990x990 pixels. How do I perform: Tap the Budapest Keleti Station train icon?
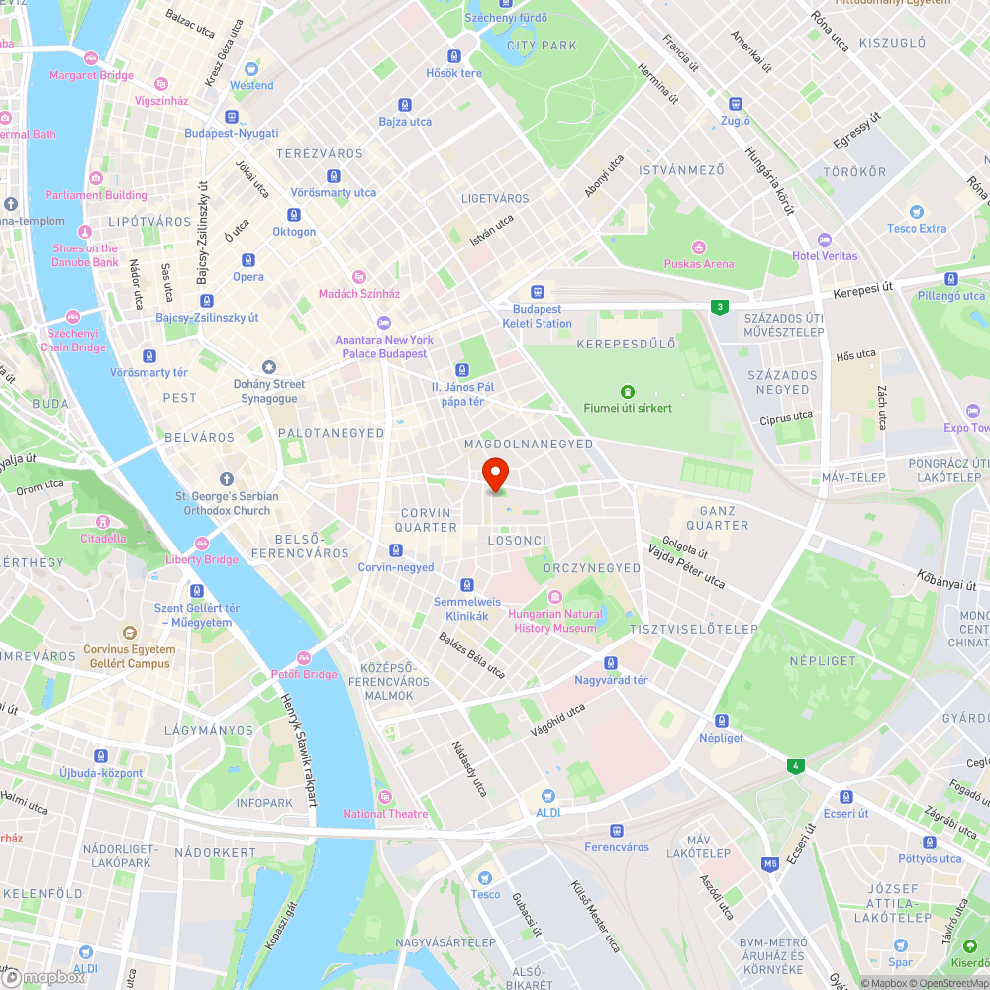[538, 292]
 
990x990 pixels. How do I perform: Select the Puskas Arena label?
[699, 264]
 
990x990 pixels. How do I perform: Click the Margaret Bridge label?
[91, 75]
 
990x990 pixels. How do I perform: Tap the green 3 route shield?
[717, 308]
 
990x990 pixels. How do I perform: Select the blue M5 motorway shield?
[770, 864]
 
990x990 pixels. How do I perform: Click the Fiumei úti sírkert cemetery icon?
[626, 392]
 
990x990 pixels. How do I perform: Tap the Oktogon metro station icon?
[294, 215]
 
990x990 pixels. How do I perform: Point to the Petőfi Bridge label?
[304, 674]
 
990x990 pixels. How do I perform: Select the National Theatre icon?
[385, 797]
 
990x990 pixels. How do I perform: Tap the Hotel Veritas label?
[825, 256]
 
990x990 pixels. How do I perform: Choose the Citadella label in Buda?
[103, 538]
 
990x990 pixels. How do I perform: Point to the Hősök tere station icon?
[454, 56]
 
